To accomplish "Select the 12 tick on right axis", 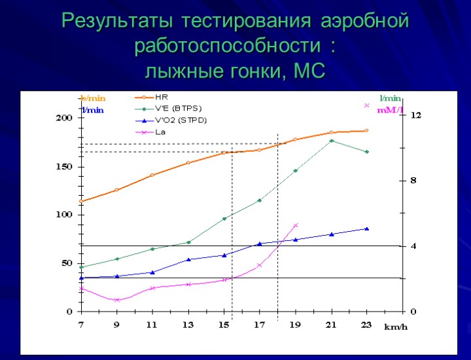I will click(415, 115).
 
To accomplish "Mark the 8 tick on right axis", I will click(413, 180).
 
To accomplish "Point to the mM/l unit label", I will click(389, 110).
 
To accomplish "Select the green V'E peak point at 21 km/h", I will click(332, 141).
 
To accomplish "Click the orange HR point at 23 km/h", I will click(366, 131).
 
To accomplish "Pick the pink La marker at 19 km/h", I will click(296, 225).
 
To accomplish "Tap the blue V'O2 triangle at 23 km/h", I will click(366, 228).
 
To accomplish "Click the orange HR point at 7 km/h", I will click(81, 202).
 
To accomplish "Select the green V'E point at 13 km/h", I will click(188, 242).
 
